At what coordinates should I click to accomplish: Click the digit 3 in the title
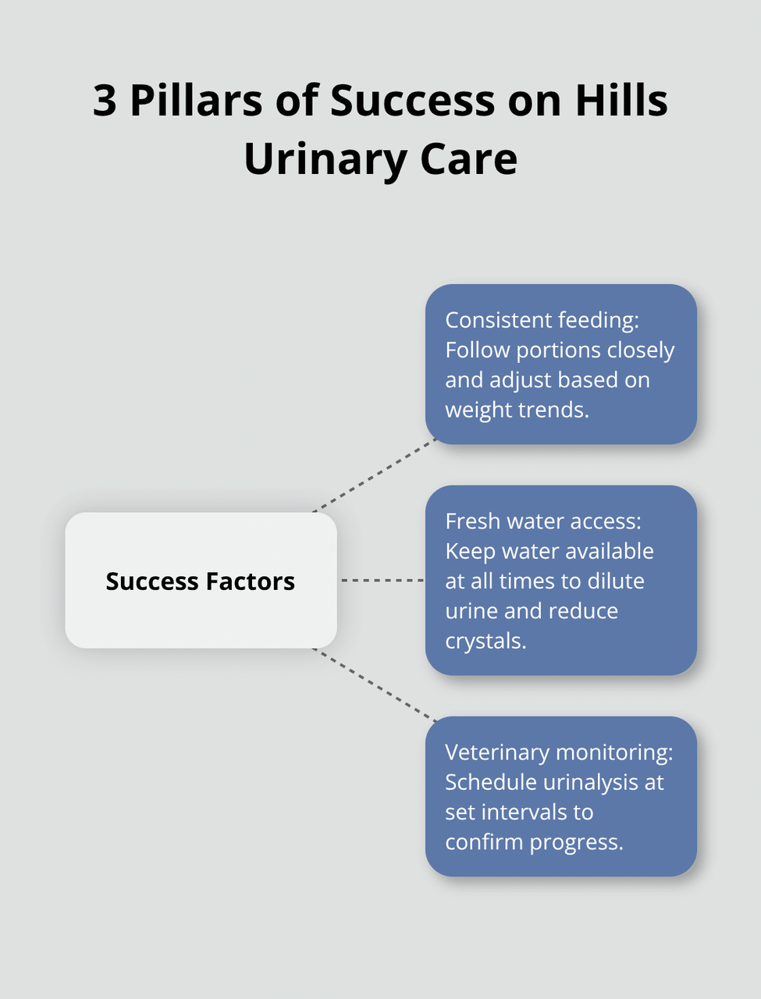pyautogui.click(x=105, y=101)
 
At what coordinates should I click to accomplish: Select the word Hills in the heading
pyautogui.click(x=621, y=101)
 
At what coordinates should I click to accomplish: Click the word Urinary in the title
pyautogui.click(x=325, y=159)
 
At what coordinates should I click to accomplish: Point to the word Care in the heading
pyautogui.click(x=468, y=159)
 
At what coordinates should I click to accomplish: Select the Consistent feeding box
pyautogui.click(x=560, y=364)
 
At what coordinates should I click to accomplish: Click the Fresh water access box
pyautogui.click(x=560, y=580)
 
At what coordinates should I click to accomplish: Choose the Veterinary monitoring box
pyautogui.click(x=560, y=796)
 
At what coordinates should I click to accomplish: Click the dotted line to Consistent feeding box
pyautogui.click(x=375, y=476)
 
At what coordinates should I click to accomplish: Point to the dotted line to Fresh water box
pyautogui.click(x=382, y=581)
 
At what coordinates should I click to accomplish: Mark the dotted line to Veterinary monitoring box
pyautogui.click(x=375, y=684)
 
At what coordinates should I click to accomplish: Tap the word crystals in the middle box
pyautogui.click(x=485, y=641)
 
